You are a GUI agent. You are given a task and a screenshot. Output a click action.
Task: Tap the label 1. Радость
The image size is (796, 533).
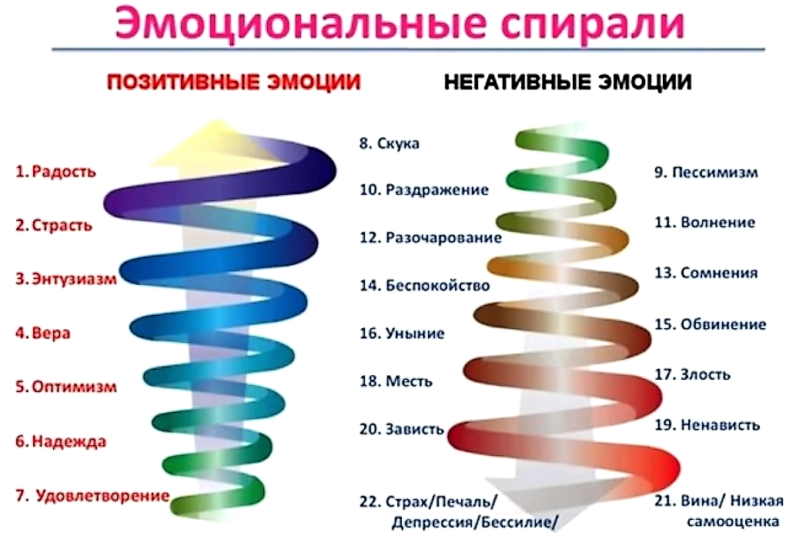point(56,172)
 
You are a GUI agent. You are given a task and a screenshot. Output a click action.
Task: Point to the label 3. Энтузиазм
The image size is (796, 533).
point(67,279)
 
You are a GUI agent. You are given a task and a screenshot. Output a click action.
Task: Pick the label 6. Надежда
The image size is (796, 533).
point(60,441)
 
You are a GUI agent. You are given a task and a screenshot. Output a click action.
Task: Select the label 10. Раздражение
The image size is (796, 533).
point(424,189)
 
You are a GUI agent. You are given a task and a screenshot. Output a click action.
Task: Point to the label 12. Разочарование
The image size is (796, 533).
point(431,238)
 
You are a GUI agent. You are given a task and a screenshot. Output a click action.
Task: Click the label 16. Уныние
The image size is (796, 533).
point(402,334)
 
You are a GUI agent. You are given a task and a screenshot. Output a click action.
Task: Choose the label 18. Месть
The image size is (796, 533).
point(396,381)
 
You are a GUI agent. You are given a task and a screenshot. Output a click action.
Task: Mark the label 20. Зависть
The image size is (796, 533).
point(402,429)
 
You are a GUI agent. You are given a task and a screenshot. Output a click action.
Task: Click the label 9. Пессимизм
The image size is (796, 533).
point(706,173)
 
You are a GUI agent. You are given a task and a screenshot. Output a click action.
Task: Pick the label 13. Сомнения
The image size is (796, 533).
point(706,273)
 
